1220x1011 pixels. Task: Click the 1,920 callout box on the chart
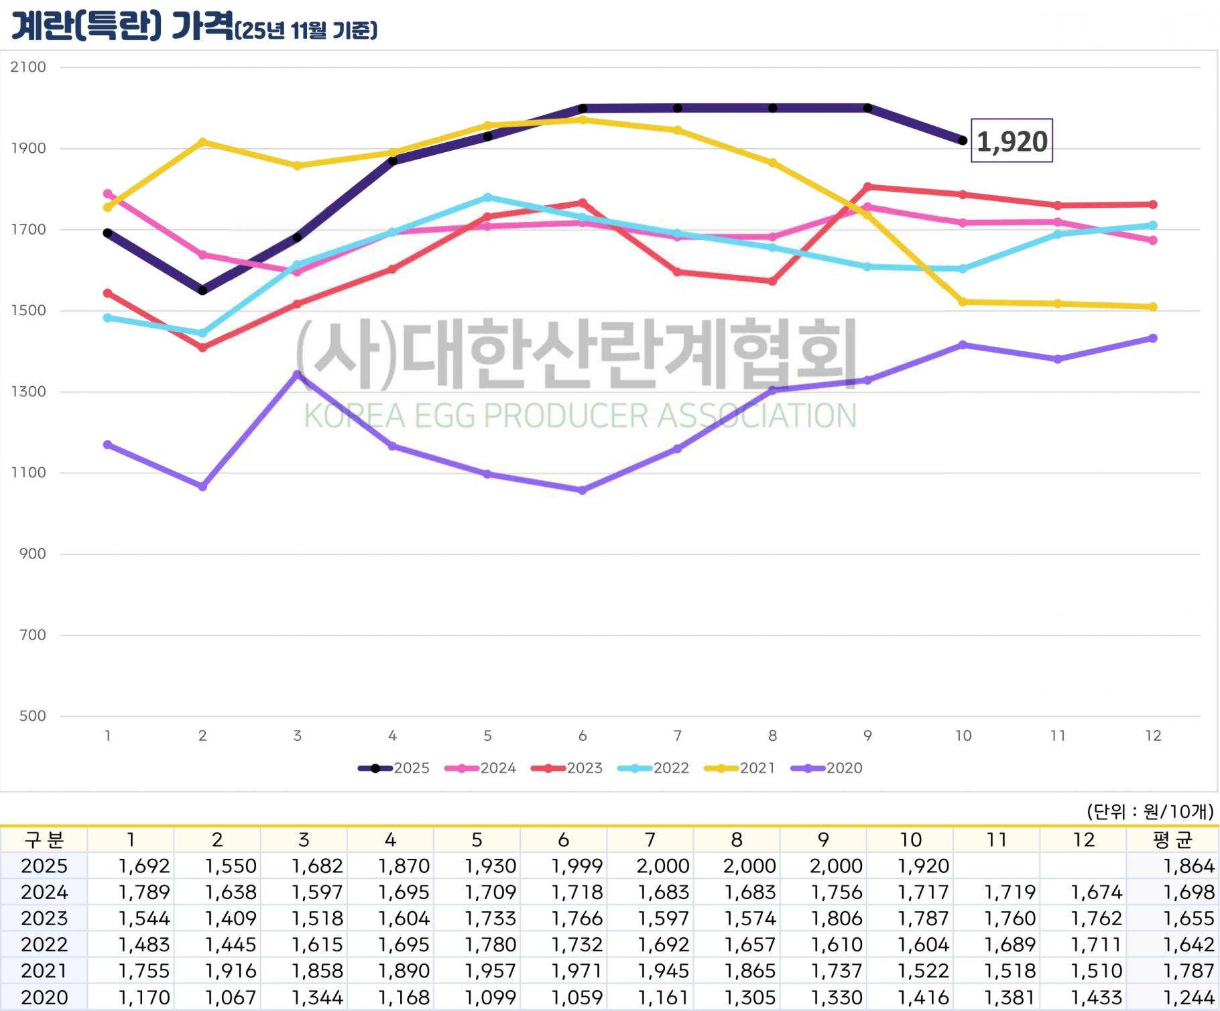(1012, 141)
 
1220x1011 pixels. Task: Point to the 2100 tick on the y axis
(28, 67)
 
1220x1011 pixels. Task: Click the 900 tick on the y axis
(32, 554)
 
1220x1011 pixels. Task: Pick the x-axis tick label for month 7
(678, 736)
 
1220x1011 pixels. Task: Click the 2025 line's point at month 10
(963, 140)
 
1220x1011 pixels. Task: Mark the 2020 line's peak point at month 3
(298, 375)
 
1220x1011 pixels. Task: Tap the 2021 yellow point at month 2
(202, 141)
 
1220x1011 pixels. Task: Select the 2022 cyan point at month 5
(487, 197)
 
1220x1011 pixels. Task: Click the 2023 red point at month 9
(867, 186)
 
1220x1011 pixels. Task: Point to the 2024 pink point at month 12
(1153, 240)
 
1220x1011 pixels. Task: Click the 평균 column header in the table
(1172, 840)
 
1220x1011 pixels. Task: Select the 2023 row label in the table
(44, 918)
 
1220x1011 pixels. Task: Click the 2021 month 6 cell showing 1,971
(576, 971)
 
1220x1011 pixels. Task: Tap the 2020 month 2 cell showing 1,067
(230, 998)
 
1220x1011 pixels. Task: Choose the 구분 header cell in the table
(44, 840)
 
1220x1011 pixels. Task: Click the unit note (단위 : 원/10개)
(1149, 812)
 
